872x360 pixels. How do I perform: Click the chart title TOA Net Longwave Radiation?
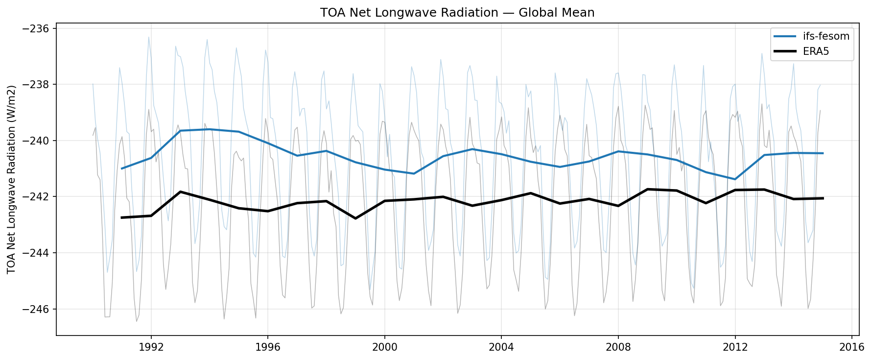click(457, 12)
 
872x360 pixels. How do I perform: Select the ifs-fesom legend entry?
click(825, 36)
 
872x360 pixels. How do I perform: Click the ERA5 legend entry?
click(816, 51)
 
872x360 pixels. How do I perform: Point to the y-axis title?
click(12, 179)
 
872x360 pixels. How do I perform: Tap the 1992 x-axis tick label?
click(151, 347)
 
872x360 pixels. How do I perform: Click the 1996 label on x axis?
click(267, 347)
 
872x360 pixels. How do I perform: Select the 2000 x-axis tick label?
click(384, 347)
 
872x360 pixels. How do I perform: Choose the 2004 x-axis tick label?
click(501, 347)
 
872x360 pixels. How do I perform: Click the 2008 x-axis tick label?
click(618, 347)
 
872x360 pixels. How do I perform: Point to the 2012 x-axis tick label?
click(735, 347)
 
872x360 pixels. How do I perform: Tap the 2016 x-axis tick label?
click(851, 347)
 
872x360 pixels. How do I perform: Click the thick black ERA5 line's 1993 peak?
click(180, 192)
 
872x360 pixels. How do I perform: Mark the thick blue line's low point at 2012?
click(735, 179)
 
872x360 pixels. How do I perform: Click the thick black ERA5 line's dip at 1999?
click(355, 218)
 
